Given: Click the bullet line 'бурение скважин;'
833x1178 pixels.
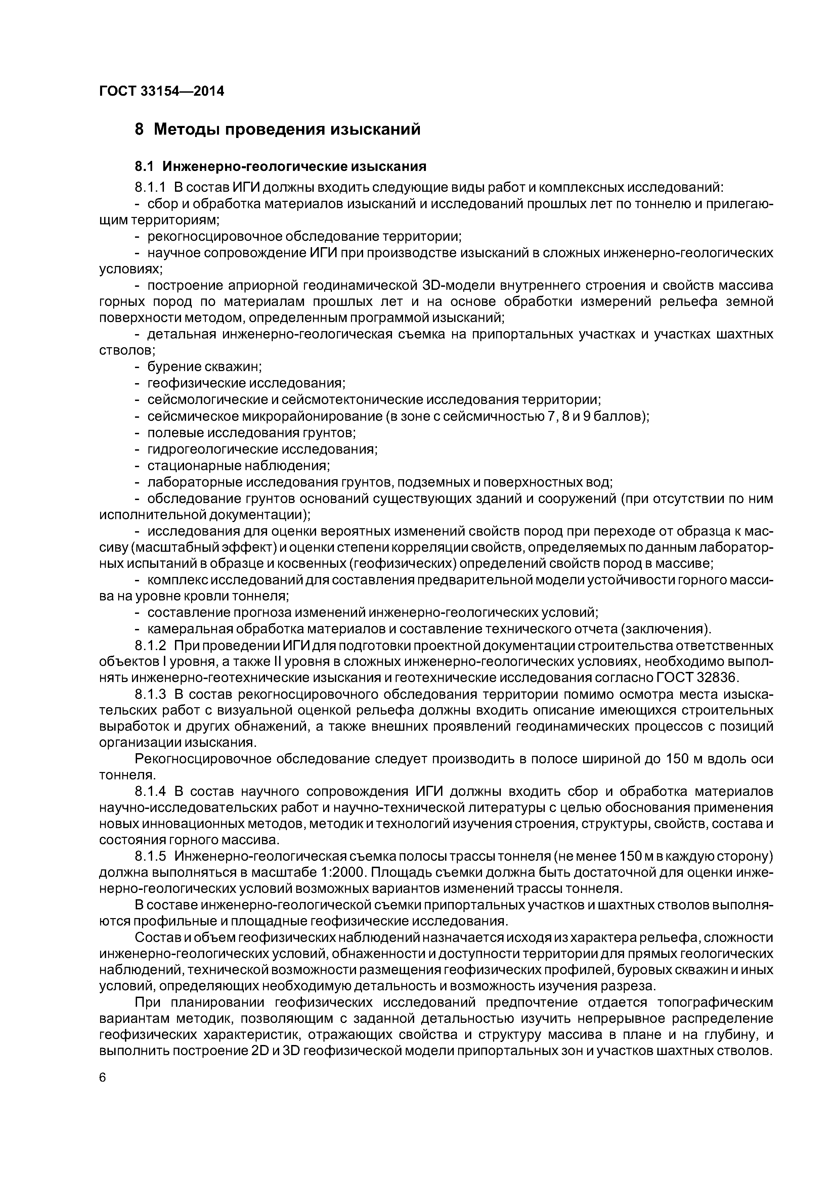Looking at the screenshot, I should (204, 367).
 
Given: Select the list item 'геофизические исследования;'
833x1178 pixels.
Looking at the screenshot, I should (246, 383).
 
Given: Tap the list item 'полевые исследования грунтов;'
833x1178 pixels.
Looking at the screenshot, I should (252, 433).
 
